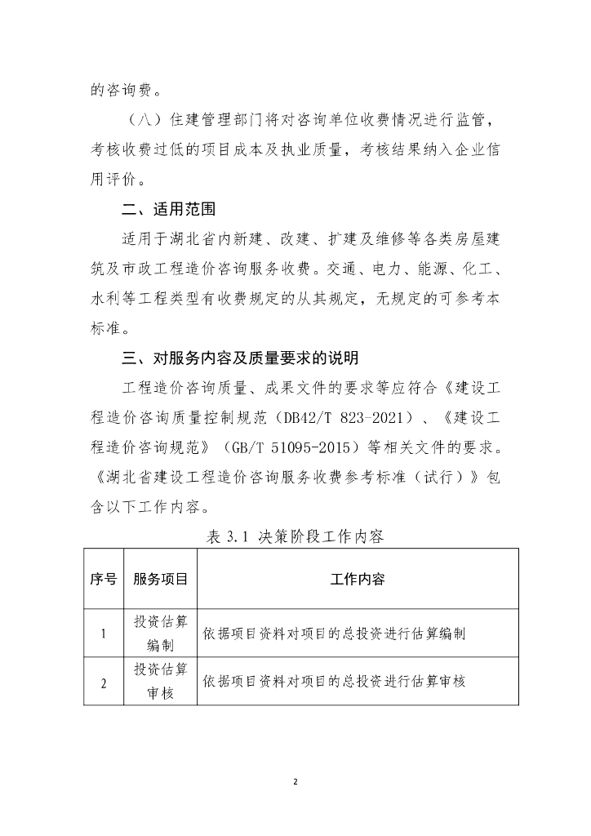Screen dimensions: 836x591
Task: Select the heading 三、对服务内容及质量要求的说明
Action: click(x=239, y=358)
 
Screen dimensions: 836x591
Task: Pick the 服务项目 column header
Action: click(x=160, y=579)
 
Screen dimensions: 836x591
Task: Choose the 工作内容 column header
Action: click(x=358, y=579)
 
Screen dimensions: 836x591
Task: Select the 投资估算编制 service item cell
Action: click(x=160, y=633)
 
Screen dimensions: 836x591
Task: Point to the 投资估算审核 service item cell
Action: click(x=160, y=682)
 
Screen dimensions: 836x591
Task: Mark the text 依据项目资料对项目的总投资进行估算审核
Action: click(x=335, y=681)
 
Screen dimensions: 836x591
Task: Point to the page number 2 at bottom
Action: click(x=295, y=782)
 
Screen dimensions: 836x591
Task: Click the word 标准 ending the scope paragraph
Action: click(x=106, y=327)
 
